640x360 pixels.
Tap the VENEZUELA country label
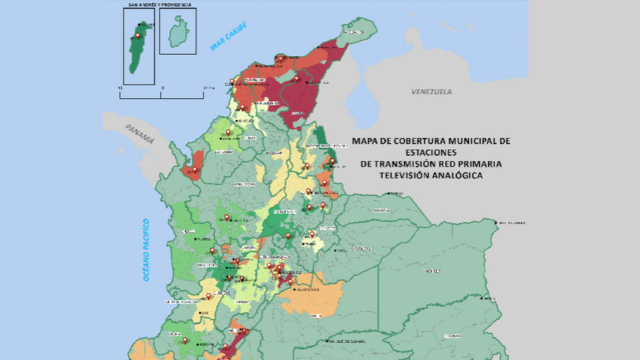pos(431,91)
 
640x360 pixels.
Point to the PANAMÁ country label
pos(140,133)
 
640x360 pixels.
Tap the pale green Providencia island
pos(178,33)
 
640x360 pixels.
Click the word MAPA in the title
pos(368,140)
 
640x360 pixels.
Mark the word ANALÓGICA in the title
pos(458,175)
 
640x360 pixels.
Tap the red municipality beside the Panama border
pos(196,164)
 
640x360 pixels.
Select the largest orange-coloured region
pos(315,297)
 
